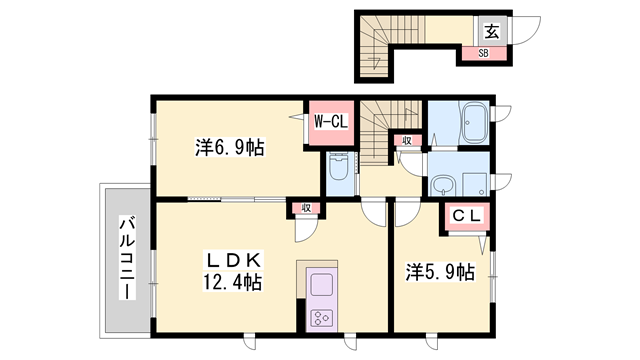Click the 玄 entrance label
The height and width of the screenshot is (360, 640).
[x=493, y=31]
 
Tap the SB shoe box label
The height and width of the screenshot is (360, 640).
[x=482, y=54]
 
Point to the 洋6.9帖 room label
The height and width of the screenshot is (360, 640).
[x=229, y=149]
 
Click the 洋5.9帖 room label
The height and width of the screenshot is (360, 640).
[x=439, y=271]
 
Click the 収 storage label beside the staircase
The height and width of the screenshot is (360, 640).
[x=407, y=141]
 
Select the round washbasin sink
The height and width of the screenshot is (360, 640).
[x=441, y=184]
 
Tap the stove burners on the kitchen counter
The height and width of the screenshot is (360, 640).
[x=324, y=319]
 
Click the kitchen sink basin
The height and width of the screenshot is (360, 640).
[x=324, y=282]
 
